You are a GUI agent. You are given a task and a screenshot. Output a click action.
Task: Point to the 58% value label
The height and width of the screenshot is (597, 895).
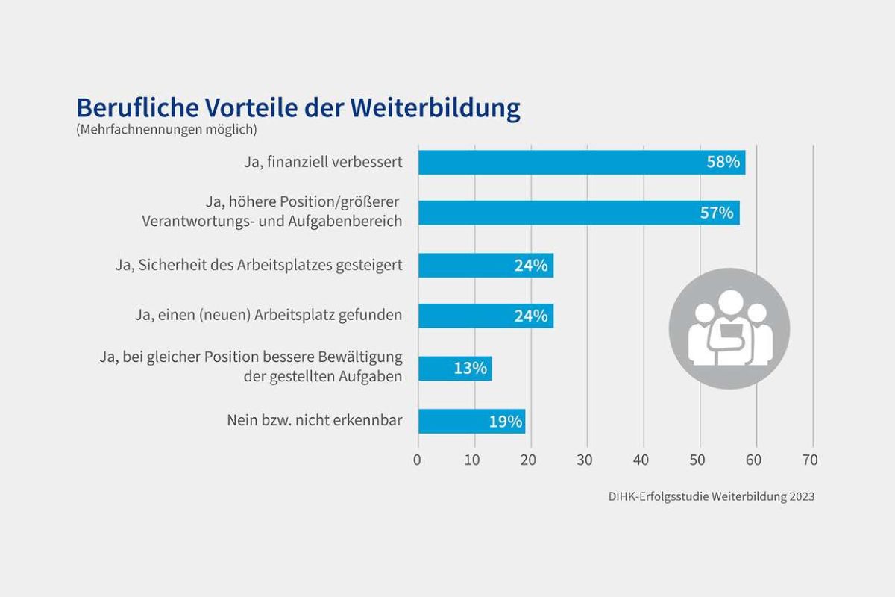(x=723, y=163)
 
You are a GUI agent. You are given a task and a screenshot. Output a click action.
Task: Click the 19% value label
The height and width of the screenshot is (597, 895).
(x=505, y=422)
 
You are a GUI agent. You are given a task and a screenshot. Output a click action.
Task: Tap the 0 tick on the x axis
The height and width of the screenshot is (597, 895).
(x=418, y=460)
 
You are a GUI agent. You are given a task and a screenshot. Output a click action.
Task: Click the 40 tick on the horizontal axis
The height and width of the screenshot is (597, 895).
(x=642, y=460)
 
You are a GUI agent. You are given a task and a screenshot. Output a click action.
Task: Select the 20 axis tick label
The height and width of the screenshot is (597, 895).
(x=530, y=460)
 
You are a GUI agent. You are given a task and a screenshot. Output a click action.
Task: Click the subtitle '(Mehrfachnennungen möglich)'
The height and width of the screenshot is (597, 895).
(x=166, y=130)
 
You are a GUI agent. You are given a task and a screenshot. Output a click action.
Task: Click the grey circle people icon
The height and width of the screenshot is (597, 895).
(x=729, y=329)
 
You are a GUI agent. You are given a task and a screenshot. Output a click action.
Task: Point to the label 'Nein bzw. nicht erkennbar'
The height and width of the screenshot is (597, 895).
(x=314, y=421)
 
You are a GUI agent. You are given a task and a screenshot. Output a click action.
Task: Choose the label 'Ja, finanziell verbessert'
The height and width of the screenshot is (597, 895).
(x=323, y=163)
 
